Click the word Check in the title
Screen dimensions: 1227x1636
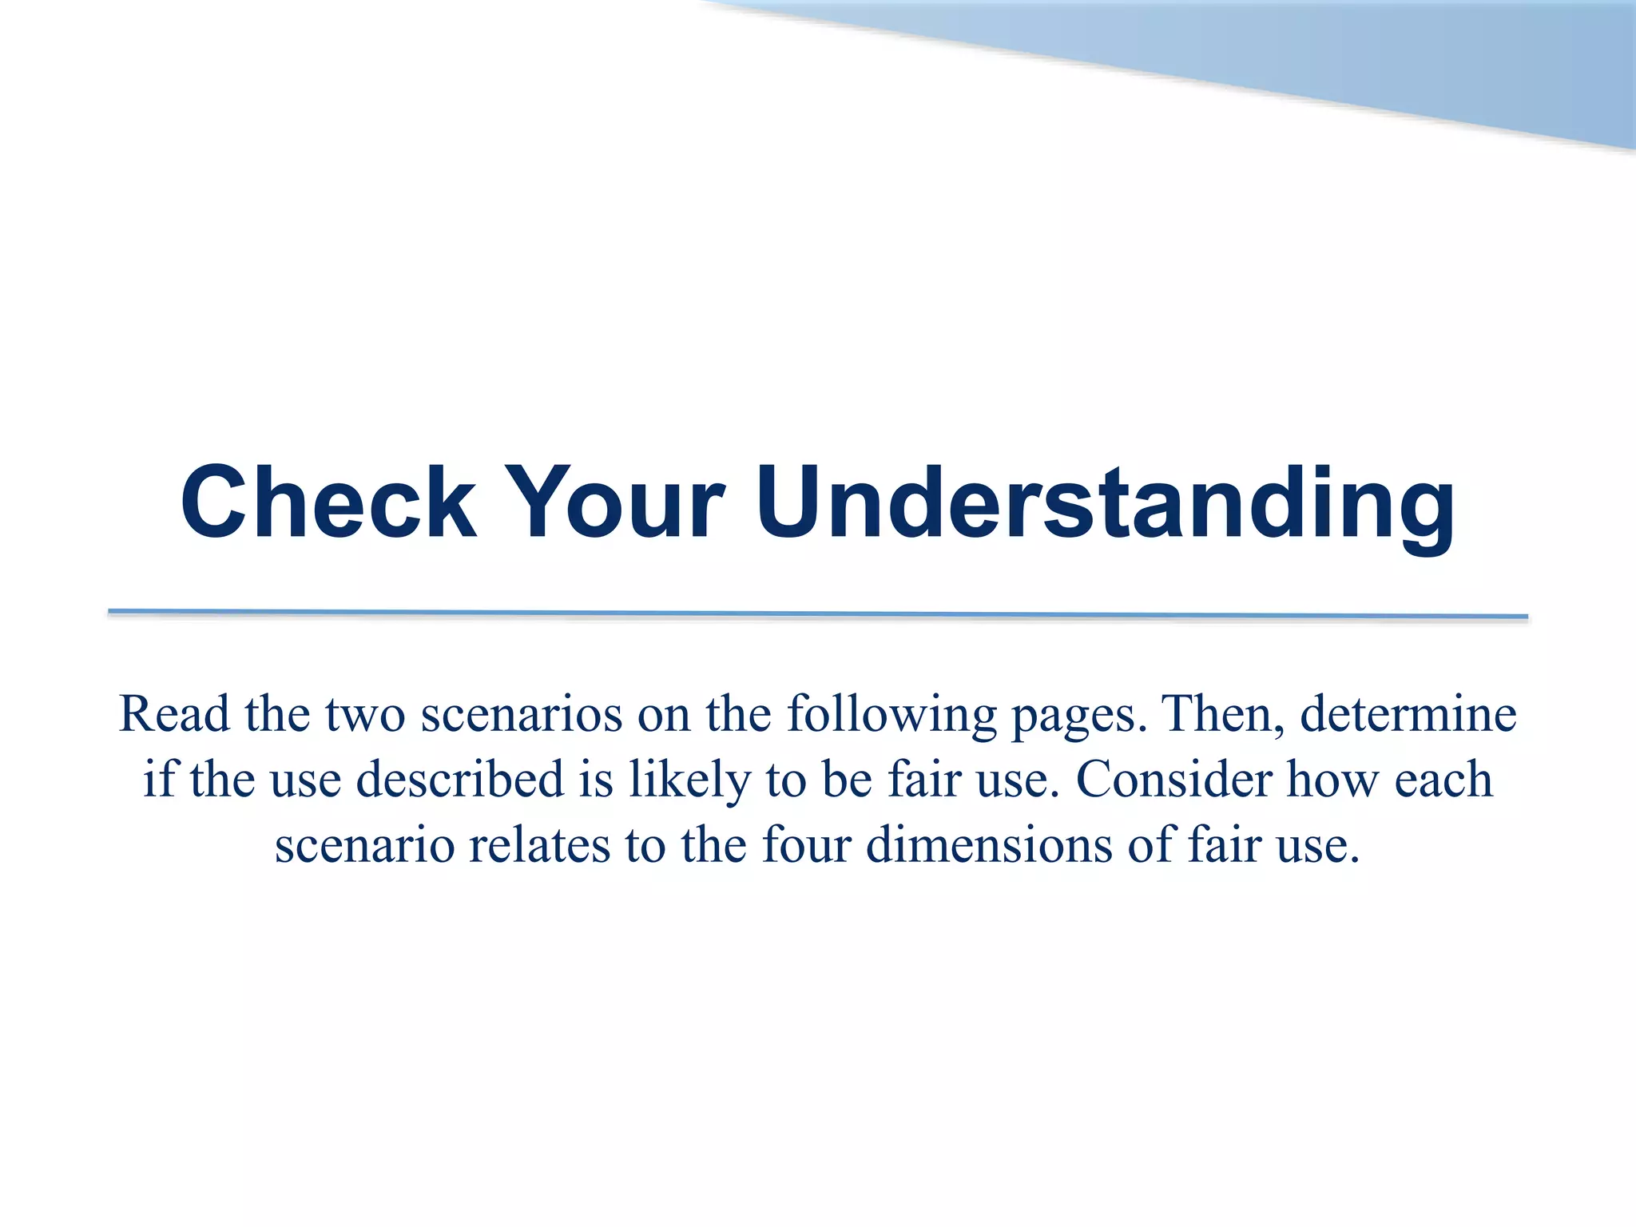coord(328,502)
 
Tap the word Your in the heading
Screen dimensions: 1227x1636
coord(615,502)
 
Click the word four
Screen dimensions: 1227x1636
coord(807,844)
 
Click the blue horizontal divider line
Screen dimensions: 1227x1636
coord(818,613)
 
